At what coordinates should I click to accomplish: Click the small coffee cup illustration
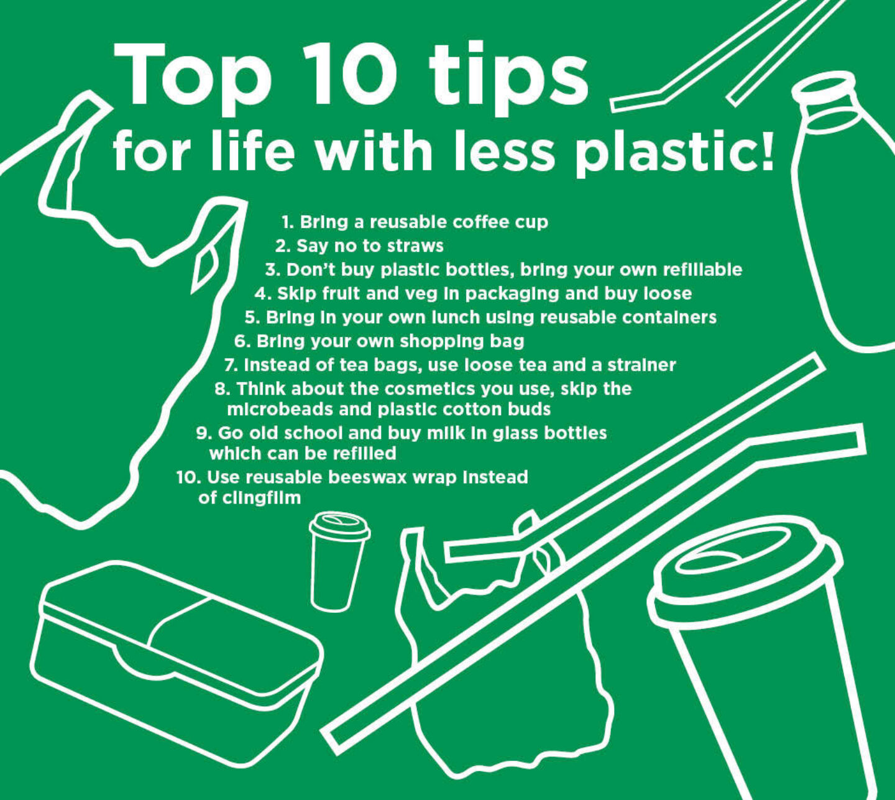point(339,561)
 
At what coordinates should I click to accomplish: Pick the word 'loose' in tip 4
point(668,293)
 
